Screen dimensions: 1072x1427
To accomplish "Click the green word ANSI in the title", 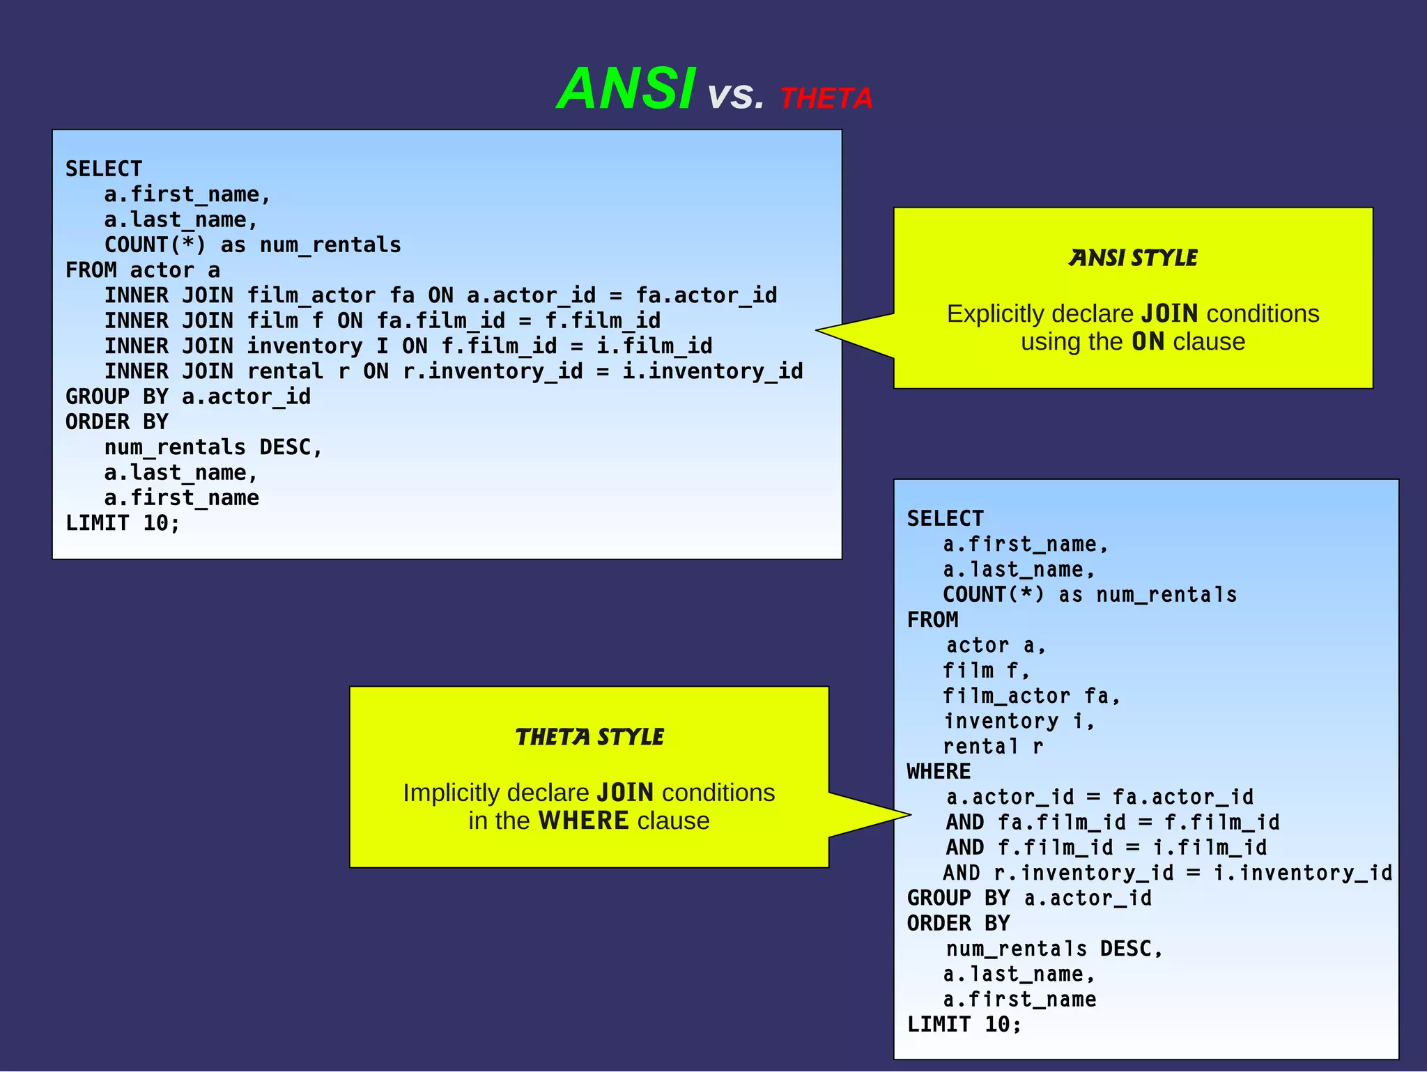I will pos(626,89).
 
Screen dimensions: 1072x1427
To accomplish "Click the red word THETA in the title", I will pos(826,99).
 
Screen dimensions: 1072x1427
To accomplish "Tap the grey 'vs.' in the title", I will pos(736,96).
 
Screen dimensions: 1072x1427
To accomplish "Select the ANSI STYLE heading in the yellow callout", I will pos(1133,258).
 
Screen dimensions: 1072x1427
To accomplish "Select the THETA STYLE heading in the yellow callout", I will pos(589,737).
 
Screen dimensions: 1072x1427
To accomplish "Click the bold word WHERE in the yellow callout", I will pos(583,821).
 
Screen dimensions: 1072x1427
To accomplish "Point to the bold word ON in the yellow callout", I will pos(1148,342).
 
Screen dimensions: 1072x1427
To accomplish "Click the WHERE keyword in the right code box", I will pos(939,772).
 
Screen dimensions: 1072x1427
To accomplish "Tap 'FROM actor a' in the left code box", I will pos(143,270).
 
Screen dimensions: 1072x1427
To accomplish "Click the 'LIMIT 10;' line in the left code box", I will pos(123,523).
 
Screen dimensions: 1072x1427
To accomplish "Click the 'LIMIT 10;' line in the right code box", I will pos(964,1025).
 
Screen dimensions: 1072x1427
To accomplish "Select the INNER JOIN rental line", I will pos(453,371).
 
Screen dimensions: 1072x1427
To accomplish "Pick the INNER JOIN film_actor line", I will pos(440,295).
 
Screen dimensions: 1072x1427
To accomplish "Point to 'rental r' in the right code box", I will pos(993,747).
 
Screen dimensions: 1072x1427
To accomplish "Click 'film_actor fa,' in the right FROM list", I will pos(1031,696).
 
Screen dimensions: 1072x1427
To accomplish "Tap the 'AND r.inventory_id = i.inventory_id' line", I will pos(1167,873).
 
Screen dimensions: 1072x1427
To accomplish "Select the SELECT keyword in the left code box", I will pos(104,169).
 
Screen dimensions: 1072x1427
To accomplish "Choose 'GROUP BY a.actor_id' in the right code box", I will pos(1029,899).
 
